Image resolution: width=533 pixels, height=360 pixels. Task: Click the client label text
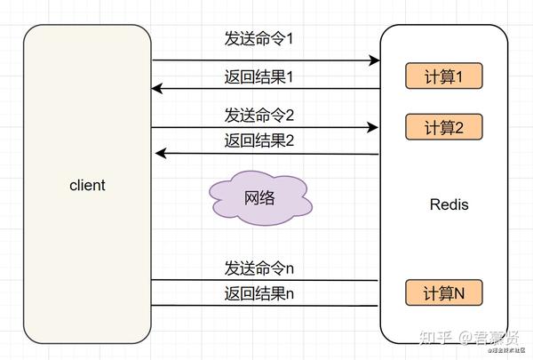(x=87, y=186)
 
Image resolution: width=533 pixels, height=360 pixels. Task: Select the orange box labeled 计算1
(x=444, y=76)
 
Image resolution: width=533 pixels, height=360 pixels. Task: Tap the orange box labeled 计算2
(x=444, y=127)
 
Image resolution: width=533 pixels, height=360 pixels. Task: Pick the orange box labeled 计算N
(x=444, y=292)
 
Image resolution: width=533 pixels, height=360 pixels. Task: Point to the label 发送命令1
(x=259, y=41)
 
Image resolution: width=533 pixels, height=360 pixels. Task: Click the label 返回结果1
(x=259, y=76)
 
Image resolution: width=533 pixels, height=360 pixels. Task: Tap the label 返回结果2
(x=259, y=140)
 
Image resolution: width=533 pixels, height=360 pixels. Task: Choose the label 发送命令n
(x=259, y=268)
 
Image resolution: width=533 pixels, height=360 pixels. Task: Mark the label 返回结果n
(x=259, y=292)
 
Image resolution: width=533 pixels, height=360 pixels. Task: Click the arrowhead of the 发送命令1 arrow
(x=375, y=60)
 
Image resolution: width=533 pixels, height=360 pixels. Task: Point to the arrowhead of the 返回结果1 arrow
(x=157, y=89)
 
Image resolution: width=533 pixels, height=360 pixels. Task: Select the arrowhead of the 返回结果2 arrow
(x=161, y=153)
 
